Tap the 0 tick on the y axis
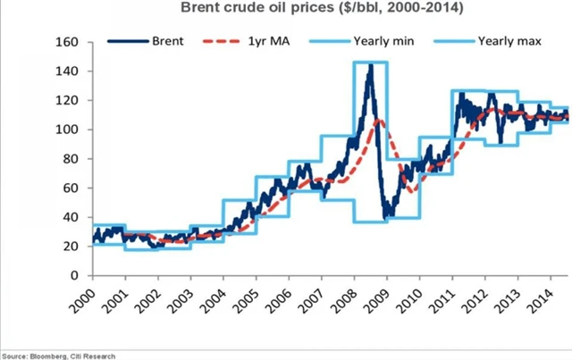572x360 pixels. coord(76,275)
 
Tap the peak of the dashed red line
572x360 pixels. coord(379,118)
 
